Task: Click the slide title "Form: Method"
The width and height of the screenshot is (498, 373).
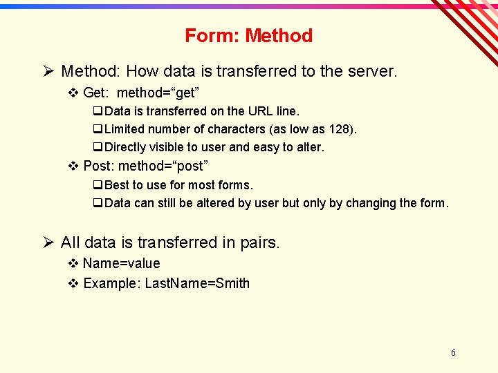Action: click(x=248, y=36)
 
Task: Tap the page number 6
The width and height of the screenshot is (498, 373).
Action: click(x=453, y=352)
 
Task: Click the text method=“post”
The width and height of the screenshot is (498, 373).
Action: click(x=163, y=166)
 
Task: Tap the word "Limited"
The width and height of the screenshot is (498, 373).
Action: click(x=125, y=129)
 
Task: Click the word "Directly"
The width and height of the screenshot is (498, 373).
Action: click(x=127, y=147)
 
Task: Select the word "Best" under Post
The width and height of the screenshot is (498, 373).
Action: click(x=117, y=185)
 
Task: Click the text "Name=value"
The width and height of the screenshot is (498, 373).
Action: click(x=121, y=263)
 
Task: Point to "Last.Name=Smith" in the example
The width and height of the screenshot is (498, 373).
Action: click(x=197, y=283)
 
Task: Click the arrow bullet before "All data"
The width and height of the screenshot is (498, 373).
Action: click(x=48, y=242)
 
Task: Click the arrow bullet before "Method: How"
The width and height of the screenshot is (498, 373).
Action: click(x=48, y=71)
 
